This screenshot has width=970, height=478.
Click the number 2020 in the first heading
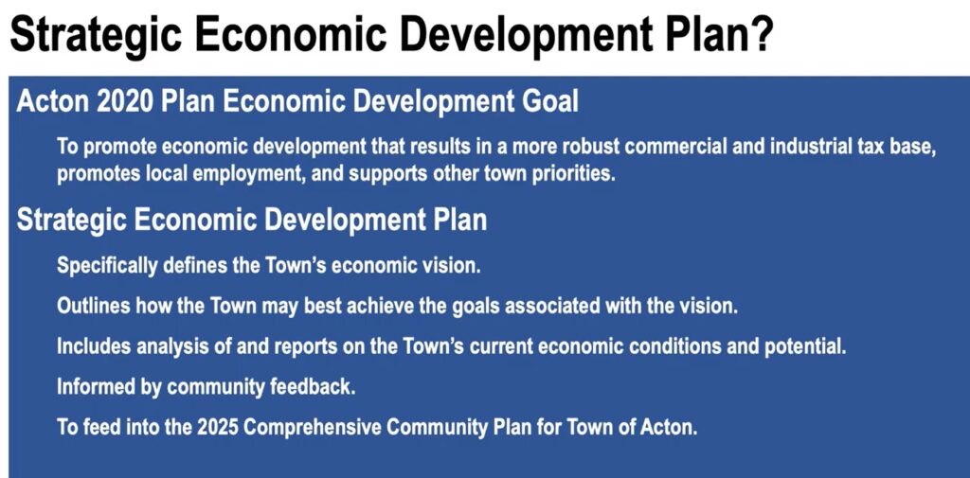(130, 102)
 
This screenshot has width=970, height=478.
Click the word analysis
(167, 346)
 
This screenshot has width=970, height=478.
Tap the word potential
(801, 346)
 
